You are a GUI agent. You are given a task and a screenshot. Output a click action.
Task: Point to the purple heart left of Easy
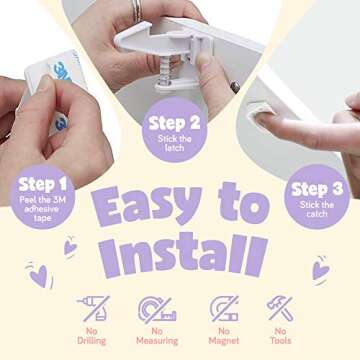tap(71, 245)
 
